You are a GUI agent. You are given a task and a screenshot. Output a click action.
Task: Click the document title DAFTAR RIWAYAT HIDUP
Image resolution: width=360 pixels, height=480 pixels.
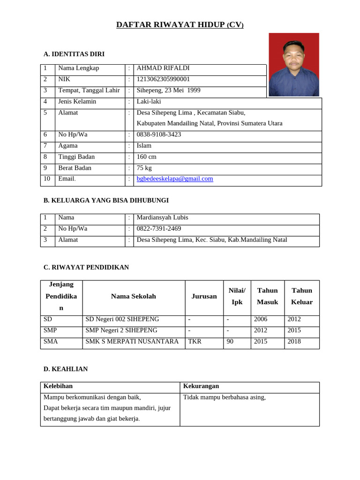tap(180, 25)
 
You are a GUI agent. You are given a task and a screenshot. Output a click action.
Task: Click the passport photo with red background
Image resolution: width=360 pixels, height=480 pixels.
tap(294, 65)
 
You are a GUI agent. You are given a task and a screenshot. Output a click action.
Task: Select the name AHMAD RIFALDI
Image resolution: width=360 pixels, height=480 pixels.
tap(163, 68)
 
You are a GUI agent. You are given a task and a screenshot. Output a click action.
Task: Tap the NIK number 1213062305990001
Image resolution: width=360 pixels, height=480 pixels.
tap(163, 79)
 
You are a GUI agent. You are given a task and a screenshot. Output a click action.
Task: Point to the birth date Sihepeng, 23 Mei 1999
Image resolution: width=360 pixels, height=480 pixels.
tap(168, 90)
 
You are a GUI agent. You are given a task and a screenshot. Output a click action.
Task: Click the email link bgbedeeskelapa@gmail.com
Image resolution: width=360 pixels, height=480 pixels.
tap(174, 179)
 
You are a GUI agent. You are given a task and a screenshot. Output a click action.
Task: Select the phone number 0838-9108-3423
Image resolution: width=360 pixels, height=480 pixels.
tap(158, 135)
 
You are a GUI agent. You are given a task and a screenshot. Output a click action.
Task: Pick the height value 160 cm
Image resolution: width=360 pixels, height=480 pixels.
tap(146, 157)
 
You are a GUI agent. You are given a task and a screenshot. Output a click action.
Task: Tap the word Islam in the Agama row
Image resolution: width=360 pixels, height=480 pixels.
tap(144, 146)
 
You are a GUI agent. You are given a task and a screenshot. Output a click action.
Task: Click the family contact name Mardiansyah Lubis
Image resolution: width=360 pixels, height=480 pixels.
tap(162, 217)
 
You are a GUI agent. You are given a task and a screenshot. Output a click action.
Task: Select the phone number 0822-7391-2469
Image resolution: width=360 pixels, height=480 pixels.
tap(158, 229)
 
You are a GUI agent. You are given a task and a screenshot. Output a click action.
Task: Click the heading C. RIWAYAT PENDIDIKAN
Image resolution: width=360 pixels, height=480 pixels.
tap(86, 267)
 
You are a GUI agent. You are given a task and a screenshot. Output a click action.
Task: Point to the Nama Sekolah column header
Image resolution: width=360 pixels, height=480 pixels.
tap(134, 296)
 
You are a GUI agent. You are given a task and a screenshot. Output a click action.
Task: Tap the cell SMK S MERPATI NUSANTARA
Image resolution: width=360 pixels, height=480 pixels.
tap(132, 342)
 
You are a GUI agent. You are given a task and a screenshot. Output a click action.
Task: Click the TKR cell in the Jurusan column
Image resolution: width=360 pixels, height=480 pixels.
tap(195, 342)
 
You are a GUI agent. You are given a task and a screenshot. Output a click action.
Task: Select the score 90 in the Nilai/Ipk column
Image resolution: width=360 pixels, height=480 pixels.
tap(230, 342)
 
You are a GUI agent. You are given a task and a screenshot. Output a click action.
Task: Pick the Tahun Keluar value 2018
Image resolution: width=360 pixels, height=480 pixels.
tap(294, 342)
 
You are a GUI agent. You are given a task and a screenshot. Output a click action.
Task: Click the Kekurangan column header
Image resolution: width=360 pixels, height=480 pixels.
tap(201, 386)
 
